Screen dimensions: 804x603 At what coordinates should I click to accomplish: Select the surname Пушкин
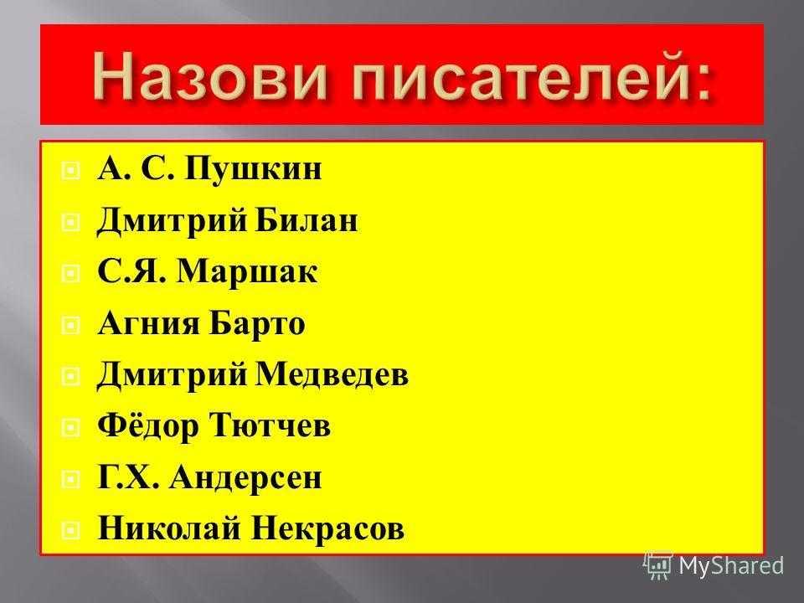click(x=253, y=168)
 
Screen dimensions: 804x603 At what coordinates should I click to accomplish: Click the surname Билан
click(x=307, y=219)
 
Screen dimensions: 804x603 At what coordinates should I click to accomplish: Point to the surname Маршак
click(x=247, y=271)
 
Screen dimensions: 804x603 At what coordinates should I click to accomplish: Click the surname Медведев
click(x=332, y=374)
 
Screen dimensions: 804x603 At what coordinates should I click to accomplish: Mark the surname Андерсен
click(x=245, y=478)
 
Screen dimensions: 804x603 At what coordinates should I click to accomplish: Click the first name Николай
click(x=169, y=528)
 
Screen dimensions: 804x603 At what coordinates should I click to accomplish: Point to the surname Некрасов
click(x=327, y=528)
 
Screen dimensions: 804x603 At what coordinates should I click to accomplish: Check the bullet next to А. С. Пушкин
click(x=70, y=170)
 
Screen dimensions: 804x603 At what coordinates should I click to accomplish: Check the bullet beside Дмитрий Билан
click(x=70, y=222)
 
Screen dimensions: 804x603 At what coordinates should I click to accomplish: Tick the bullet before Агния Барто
click(x=70, y=325)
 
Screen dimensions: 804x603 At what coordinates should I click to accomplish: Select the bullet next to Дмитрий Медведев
click(x=70, y=377)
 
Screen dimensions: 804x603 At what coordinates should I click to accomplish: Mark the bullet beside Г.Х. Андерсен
click(x=70, y=480)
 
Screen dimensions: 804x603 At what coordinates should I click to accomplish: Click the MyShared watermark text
click(x=732, y=566)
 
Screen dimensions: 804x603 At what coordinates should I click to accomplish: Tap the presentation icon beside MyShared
click(x=658, y=565)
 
